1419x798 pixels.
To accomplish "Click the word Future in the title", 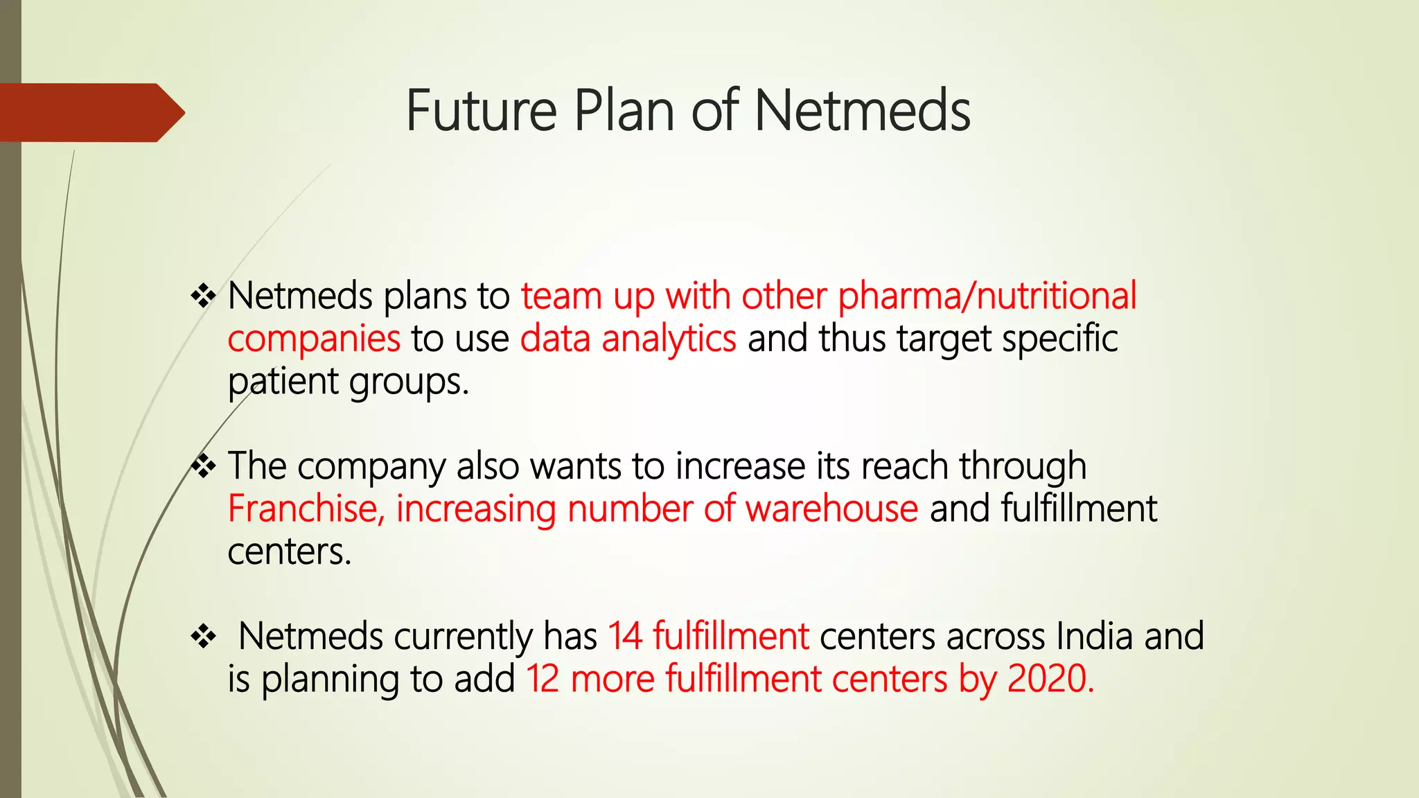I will pos(482,111).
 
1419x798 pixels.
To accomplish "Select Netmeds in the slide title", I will pos(862,111).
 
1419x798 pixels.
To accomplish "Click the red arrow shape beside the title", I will pos(90,112).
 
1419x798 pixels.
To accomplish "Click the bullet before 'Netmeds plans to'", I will pos(204,296).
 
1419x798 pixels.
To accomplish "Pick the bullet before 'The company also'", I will pos(204,467).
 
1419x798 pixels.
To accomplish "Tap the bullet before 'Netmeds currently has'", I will pos(204,637).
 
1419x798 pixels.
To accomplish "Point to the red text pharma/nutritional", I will pos(987,296).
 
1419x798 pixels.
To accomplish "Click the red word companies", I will pos(314,339).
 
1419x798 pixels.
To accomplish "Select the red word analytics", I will pos(669,339).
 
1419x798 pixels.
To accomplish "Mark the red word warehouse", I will pos(831,509).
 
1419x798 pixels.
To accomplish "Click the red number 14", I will pos(625,637).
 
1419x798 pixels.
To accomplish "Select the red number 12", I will pos(543,679).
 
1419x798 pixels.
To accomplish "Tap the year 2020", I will pos(1050,679).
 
